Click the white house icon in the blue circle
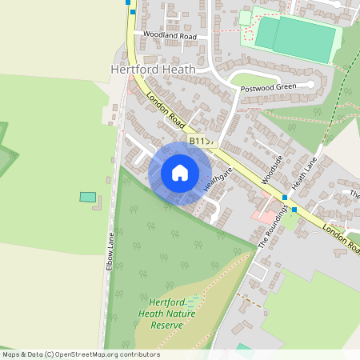pyautogui.click(x=180, y=173)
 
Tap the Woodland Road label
pyautogui.click(x=170, y=36)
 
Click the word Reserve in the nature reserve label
pyautogui.click(x=170, y=326)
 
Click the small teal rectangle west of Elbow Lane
pyautogui.click(x=87, y=197)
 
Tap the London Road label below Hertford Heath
pyautogui.click(x=166, y=110)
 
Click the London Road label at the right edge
pyautogui.click(x=342, y=238)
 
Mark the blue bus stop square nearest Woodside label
pyautogui.click(x=284, y=197)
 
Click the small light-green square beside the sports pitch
pyautogui.click(x=245, y=18)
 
